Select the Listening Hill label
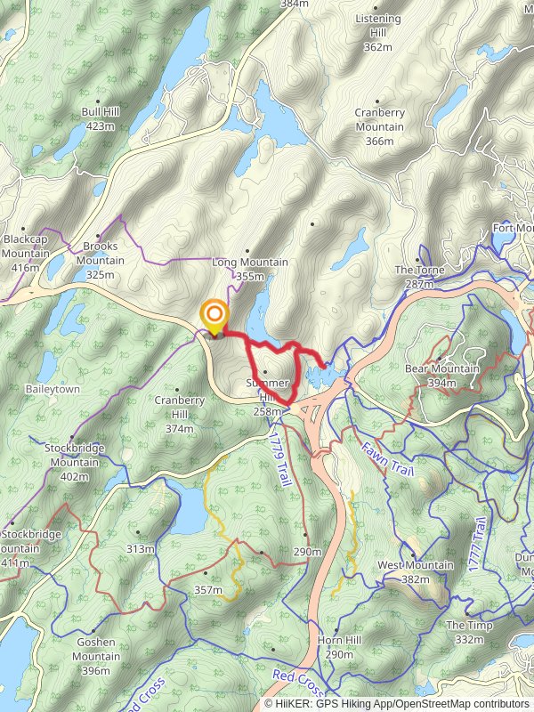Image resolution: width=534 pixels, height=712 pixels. tap(378, 32)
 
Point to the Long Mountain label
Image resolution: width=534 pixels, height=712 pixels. tap(250, 269)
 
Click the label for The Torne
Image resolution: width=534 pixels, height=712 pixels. tap(414, 276)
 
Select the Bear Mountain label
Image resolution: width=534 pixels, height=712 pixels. tap(441, 375)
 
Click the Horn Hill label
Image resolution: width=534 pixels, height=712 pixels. tap(340, 647)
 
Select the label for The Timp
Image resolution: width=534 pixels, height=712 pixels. tap(469, 632)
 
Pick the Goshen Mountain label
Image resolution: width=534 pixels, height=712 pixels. tap(96, 663)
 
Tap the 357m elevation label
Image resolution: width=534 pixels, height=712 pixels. tap(207, 589)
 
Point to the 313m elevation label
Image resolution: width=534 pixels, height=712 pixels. tap(140, 548)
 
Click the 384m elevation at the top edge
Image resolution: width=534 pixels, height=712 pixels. tap(294, 4)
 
